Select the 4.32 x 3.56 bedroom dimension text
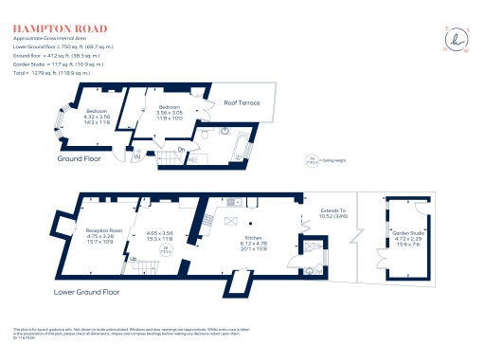pyautogui.click(x=72, y=118)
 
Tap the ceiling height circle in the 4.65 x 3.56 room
pyautogui.click(x=164, y=249)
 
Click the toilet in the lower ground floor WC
pyautogui.click(x=312, y=268)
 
